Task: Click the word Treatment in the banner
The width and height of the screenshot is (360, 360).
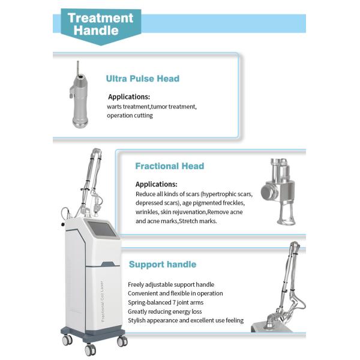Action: pyautogui.click(x=100, y=18)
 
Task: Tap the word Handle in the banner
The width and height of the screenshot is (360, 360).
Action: pyautogui.click(x=96, y=31)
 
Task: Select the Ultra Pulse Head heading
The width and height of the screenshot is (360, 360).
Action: pyautogui.click(x=143, y=79)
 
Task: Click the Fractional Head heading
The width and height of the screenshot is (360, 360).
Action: pyautogui.click(x=169, y=166)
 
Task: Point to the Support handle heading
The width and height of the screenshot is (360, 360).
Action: pyautogui.click(x=163, y=264)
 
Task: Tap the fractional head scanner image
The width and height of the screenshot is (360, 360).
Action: pyautogui.click(x=278, y=191)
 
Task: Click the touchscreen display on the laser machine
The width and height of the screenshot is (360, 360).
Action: pyautogui.click(x=102, y=229)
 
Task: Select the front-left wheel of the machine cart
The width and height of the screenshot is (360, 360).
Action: pyautogui.click(x=90, y=349)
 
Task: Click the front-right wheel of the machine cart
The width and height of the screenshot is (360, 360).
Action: pyautogui.click(x=122, y=341)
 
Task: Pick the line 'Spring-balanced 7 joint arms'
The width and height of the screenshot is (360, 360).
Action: pyautogui.click(x=166, y=302)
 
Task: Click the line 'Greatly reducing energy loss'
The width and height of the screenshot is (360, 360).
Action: pyautogui.click(x=164, y=311)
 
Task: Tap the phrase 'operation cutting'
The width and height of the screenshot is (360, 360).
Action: pyautogui.click(x=130, y=115)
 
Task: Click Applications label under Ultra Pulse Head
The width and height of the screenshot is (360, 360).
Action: pyautogui.click(x=129, y=97)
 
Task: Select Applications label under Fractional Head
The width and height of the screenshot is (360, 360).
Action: pyautogui.click(x=157, y=184)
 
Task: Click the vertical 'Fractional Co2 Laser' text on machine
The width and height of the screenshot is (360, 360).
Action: pyautogui.click(x=103, y=301)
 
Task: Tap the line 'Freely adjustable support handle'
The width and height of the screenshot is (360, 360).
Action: pyautogui.click(x=171, y=284)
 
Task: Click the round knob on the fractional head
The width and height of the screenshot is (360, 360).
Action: pyautogui.click(x=268, y=192)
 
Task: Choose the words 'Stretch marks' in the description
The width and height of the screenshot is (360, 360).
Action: pyautogui.click(x=198, y=221)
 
